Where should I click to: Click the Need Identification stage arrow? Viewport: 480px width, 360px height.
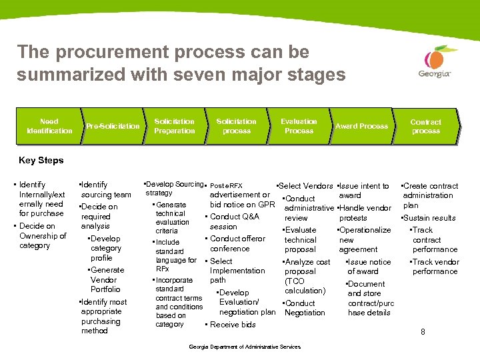pyautogui.click(x=49, y=126)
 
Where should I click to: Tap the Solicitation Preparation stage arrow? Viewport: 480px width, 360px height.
pyautogui.click(x=174, y=126)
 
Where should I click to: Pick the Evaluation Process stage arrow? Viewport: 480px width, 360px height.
pyautogui.click(x=299, y=126)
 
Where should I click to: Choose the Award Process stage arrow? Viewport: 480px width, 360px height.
pyautogui.click(x=361, y=126)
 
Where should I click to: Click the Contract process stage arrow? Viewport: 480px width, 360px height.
pyautogui.click(x=425, y=126)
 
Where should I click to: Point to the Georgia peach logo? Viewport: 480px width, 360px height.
pyautogui.click(x=435, y=63)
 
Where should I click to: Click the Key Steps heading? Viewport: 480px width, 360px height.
pyautogui.click(x=41, y=160)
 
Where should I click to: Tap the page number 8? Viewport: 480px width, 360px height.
pyautogui.click(x=422, y=332)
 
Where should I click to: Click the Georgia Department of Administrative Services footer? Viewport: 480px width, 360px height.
pyautogui.click(x=245, y=347)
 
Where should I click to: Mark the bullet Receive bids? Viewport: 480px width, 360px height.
pyautogui.click(x=233, y=325)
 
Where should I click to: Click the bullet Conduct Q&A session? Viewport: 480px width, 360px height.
pyautogui.click(x=234, y=221)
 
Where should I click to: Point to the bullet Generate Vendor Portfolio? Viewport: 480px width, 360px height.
pyautogui.click(x=106, y=279)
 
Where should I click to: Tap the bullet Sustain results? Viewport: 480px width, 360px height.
pyautogui.click(x=429, y=218)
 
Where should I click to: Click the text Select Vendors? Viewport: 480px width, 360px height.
pyautogui.click(x=305, y=186)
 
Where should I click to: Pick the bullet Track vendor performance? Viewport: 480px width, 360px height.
pyautogui.click(x=435, y=267)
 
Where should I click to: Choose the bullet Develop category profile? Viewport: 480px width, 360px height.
pyautogui.click(x=105, y=248)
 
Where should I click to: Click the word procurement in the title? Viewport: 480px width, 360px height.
pyautogui.click(x=101, y=51)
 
